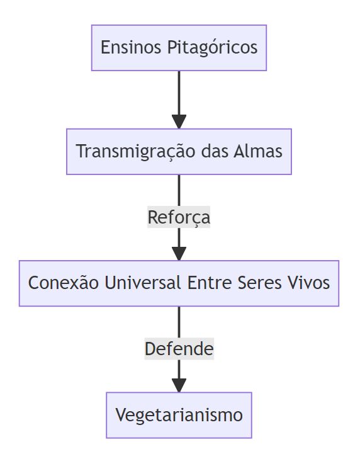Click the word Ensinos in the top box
(x=131, y=47)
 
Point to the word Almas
(x=258, y=151)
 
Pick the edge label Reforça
(x=179, y=217)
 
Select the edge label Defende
(x=179, y=349)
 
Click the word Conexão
(x=64, y=283)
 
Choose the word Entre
(x=210, y=283)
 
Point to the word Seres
(x=259, y=283)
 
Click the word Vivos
(x=309, y=283)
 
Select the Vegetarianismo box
(x=179, y=415)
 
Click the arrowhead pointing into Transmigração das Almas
(x=179, y=122)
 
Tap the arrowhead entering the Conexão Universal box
(x=179, y=254)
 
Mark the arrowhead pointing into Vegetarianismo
(x=179, y=385)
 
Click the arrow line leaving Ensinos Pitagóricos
(x=179, y=93)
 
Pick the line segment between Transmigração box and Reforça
(x=179, y=190)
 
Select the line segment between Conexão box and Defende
(x=179, y=322)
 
